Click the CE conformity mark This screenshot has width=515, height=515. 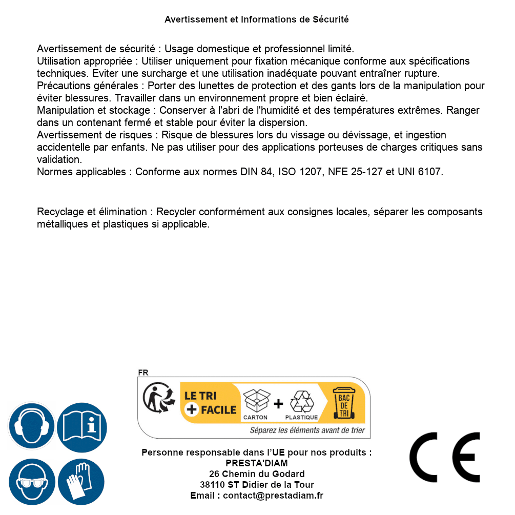pyautogui.click(x=444, y=458)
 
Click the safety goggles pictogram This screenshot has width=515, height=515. pyautogui.click(x=31, y=482)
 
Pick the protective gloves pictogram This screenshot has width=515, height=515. pyautogui.click(x=81, y=482)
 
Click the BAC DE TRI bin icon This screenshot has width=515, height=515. pyautogui.click(x=343, y=403)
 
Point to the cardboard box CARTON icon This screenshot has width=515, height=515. pyautogui.click(x=256, y=404)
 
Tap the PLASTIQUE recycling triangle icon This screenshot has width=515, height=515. pyautogui.click(x=301, y=404)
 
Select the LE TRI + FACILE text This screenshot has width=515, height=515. pyautogui.click(x=210, y=403)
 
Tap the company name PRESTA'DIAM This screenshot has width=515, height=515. pyautogui.click(x=257, y=463)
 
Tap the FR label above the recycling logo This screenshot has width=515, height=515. pyautogui.click(x=143, y=373)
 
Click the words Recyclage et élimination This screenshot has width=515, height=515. pyautogui.click(x=92, y=212)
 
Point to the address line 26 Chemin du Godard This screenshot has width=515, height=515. pyautogui.click(x=257, y=474)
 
